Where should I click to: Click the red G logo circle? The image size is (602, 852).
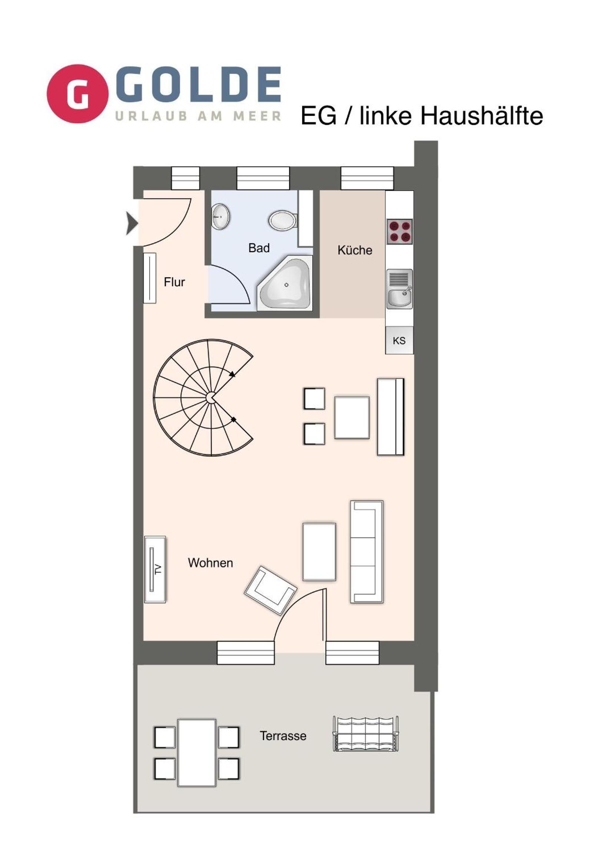(77, 93)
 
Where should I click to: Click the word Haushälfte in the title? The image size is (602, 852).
(482, 116)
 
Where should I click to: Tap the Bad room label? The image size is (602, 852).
(259, 248)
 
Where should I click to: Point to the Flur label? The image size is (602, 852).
(174, 282)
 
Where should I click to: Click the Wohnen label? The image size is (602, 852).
(210, 563)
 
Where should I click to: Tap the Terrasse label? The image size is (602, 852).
(283, 736)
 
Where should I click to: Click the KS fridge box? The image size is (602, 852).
(399, 340)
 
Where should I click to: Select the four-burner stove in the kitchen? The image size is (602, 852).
(400, 232)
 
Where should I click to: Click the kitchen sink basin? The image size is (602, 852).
(399, 289)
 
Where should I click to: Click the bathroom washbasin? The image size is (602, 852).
(221, 216)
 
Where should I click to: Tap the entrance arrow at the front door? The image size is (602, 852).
(132, 223)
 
